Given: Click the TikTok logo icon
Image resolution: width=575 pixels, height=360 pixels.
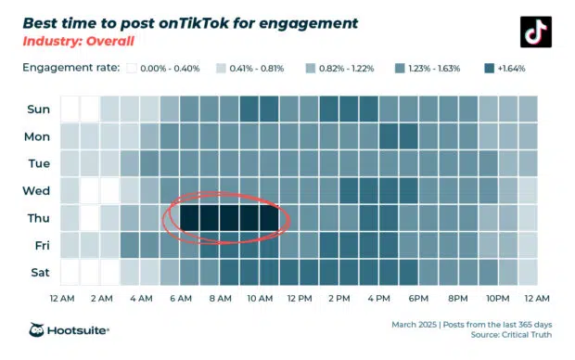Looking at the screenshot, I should point(535,32).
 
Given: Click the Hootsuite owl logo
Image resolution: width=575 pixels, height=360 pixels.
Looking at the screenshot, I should point(38,330).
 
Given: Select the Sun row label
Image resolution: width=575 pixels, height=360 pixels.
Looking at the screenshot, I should point(39,109).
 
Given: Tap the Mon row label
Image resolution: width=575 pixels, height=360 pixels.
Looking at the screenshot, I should point(39,135).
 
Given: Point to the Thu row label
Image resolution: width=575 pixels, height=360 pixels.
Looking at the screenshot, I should point(39,218).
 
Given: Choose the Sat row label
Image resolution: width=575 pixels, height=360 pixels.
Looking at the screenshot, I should point(39,273).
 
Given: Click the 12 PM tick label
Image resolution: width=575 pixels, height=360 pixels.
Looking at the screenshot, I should point(299,299).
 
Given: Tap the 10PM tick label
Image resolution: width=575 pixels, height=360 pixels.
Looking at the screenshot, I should point(498,299).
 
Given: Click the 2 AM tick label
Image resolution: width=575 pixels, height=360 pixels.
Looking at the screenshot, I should point(101,299).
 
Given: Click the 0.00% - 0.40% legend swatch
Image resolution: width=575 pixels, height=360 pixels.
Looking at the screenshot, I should point(131,68).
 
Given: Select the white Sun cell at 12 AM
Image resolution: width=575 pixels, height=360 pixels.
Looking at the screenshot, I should point(70,109).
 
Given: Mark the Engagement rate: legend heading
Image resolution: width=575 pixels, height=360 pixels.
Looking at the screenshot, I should point(70,68).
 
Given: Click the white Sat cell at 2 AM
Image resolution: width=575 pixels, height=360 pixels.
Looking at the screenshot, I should point(109,273).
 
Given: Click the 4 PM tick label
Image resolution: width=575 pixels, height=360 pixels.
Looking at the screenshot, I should point(378,299).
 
